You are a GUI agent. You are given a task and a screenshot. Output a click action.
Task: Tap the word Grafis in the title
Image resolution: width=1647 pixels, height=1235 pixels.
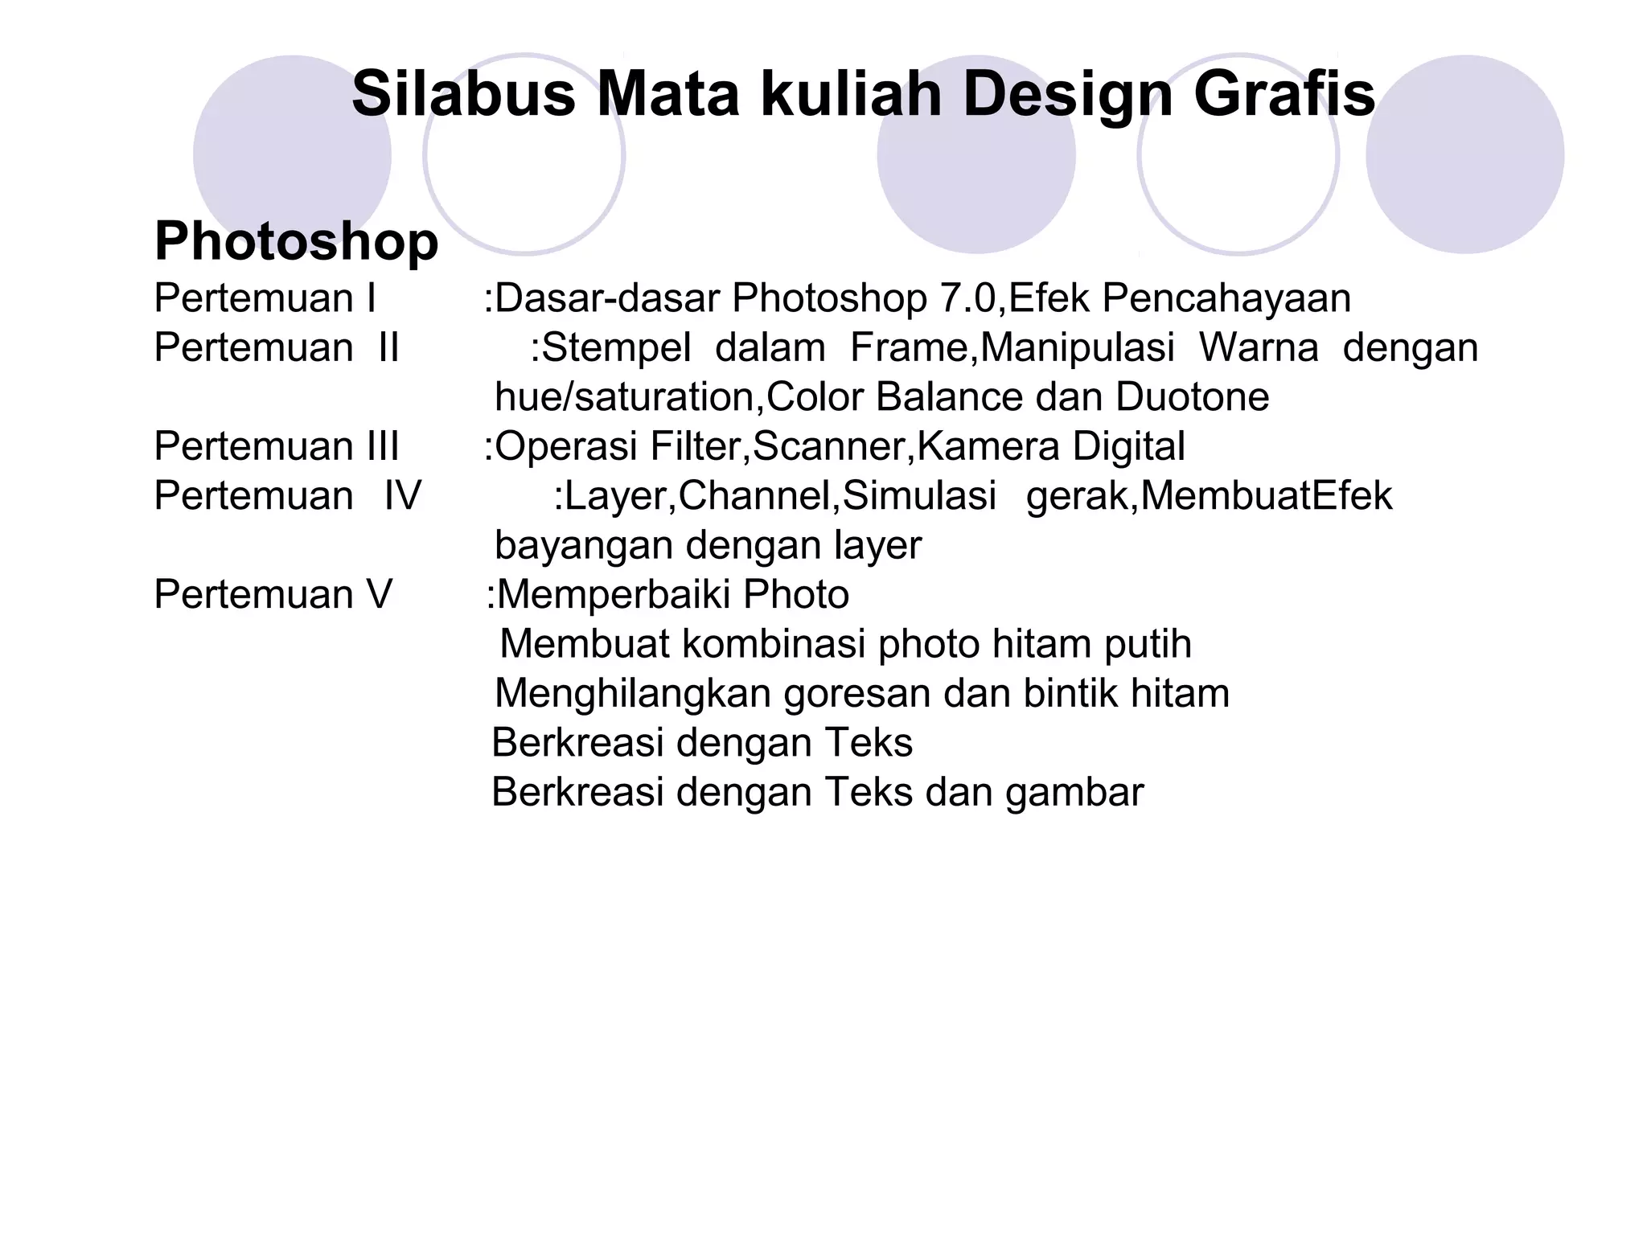pos(1284,94)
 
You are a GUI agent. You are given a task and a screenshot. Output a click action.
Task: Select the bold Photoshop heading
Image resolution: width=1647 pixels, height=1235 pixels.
pos(296,241)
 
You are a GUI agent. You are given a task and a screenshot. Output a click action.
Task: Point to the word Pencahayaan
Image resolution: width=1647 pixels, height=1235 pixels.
pos(1226,298)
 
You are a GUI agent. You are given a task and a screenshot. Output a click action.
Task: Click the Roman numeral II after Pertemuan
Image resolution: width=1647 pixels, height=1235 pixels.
pos(388,348)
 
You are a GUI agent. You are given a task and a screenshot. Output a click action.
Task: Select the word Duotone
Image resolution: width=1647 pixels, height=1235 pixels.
pos(1192,397)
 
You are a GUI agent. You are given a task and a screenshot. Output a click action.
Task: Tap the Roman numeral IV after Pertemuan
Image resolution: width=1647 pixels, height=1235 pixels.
pos(403,496)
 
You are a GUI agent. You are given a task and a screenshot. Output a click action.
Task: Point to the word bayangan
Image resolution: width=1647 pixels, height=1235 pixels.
pos(584,546)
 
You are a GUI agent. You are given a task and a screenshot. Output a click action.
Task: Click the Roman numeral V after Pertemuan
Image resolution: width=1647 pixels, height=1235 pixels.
pos(379,595)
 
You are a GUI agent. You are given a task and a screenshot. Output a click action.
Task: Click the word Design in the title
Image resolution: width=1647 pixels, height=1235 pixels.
pos(1068,94)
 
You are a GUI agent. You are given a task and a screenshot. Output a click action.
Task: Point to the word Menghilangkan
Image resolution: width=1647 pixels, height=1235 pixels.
pos(633,694)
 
